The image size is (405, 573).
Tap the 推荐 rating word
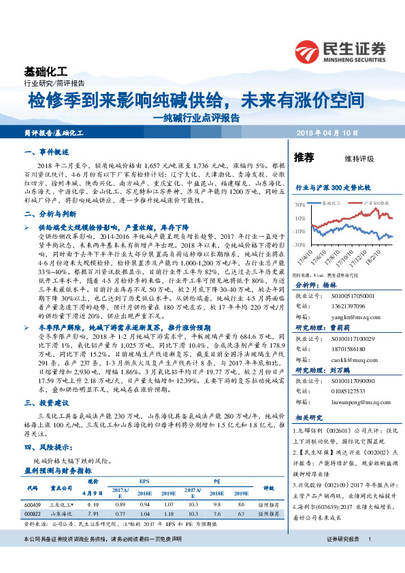304,158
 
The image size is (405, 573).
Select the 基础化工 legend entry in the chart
334,203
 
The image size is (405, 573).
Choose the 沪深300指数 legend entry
372,203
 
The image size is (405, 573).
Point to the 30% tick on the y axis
300,203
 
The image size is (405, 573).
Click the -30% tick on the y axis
299,244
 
